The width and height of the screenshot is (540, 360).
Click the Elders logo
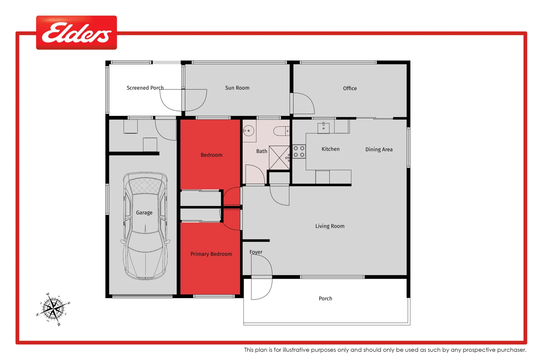(76, 33)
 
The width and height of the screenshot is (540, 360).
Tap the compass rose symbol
(53, 309)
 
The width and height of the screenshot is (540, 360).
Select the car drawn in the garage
(145, 226)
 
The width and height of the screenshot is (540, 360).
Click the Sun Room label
(237, 88)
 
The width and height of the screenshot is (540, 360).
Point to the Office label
(350, 88)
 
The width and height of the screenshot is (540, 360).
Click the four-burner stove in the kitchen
(299, 152)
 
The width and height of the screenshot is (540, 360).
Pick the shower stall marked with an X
(279, 158)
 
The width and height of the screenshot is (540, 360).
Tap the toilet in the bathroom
(282, 131)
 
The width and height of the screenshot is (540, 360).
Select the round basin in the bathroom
(249, 131)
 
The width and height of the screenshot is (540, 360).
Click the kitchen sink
(323, 128)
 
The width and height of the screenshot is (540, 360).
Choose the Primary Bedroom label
(211, 254)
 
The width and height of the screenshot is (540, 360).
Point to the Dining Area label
(379, 149)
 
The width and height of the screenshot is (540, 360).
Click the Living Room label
(330, 226)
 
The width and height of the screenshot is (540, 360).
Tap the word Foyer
(256, 252)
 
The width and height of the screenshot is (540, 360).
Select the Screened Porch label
(145, 88)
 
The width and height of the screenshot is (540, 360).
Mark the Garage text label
(144, 213)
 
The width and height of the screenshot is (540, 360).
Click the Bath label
(261, 151)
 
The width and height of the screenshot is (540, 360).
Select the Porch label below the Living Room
(325, 299)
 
